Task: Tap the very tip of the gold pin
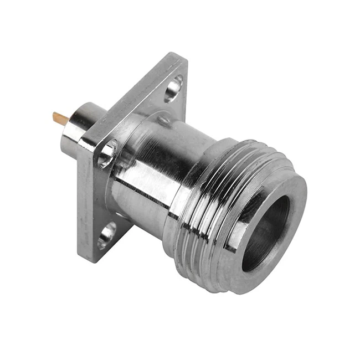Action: pyautogui.click(x=54, y=116)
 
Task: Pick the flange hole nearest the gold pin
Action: pyautogui.click(x=107, y=153)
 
